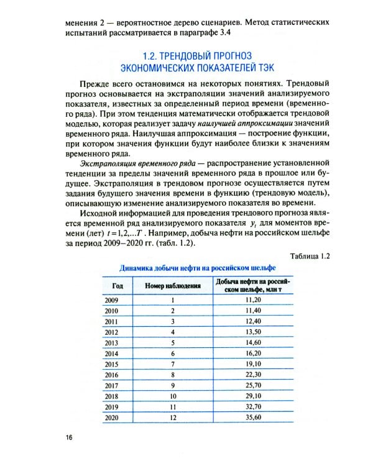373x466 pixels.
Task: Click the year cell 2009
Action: tap(112, 299)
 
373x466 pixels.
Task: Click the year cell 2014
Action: tap(112, 353)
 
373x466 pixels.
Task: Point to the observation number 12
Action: tap(173, 418)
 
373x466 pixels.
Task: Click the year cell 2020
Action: tap(112, 418)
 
